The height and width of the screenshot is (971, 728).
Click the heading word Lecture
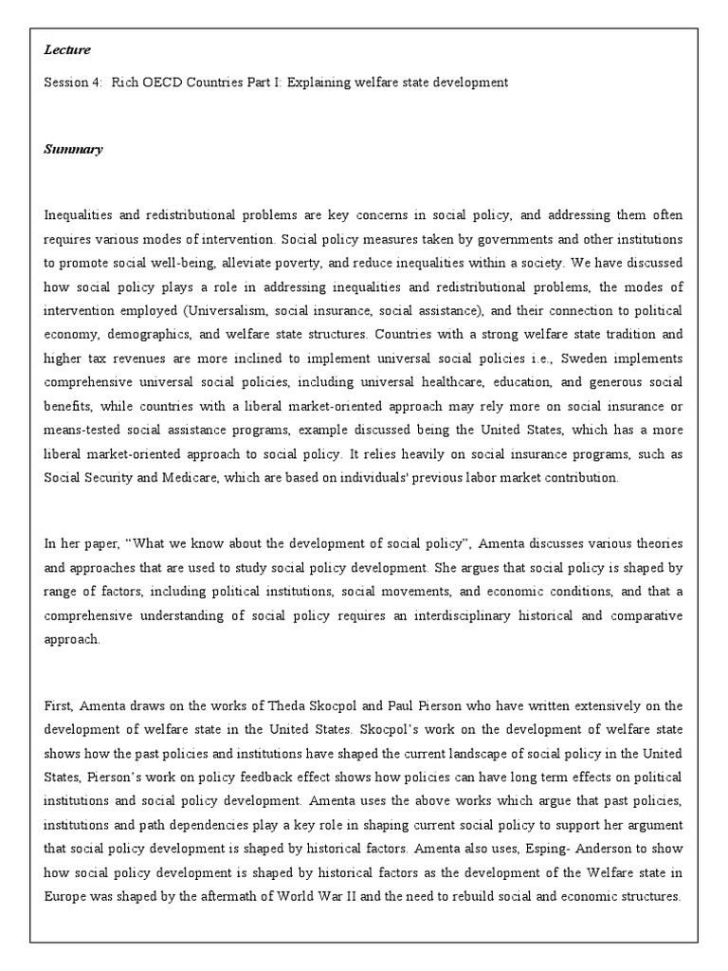(67, 50)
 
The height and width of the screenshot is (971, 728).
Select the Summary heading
(73, 150)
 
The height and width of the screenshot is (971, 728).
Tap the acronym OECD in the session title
(168, 82)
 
